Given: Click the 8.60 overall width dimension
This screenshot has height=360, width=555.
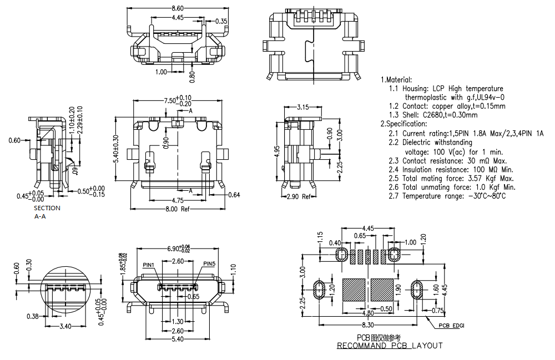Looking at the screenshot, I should pos(178,8).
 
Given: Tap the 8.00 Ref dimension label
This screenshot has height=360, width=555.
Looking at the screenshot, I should pos(177,209).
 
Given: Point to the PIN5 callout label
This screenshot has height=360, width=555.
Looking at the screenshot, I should pos(209,263).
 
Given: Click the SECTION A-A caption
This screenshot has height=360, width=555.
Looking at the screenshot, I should pos(47,212).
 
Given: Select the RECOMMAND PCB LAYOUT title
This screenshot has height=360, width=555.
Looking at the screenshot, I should pos(390,346).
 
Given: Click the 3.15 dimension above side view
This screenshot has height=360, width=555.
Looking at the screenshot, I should pos(303,107).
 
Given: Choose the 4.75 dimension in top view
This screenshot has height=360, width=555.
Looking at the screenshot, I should pos(178,200).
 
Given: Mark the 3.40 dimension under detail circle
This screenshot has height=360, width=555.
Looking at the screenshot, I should pos(65,326).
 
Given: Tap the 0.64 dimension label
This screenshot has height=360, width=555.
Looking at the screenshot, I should pos(234,195).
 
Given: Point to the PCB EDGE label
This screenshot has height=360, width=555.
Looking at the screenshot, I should pos(451,326).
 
